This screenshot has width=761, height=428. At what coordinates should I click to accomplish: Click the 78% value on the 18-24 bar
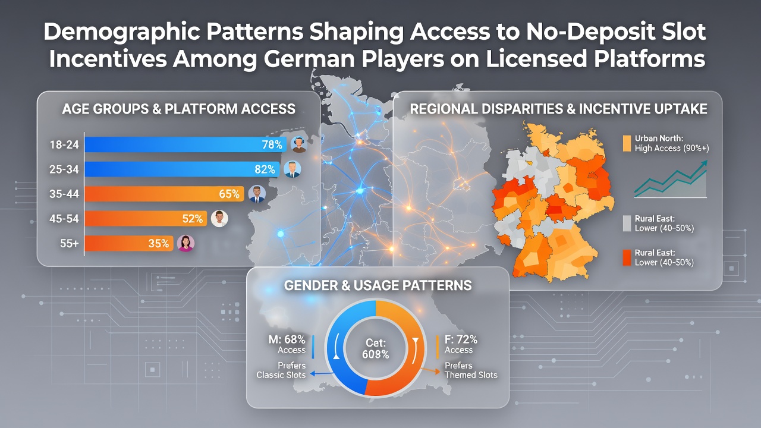point(272,144)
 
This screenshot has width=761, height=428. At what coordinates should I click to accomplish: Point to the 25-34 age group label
point(64,169)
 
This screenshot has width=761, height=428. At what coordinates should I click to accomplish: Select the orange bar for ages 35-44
point(165,194)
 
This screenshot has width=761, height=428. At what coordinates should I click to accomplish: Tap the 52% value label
point(192,218)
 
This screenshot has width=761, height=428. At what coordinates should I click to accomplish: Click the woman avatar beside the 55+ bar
point(186,243)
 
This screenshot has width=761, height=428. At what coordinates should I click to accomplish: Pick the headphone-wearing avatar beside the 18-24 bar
point(299,144)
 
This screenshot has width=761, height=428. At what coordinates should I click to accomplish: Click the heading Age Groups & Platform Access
point(179,109)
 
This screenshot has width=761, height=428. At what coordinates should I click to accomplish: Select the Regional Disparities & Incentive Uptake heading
point(558,109)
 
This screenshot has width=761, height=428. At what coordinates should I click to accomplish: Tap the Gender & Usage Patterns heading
point(378,285)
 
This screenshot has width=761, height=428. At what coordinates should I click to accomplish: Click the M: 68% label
point(287,339)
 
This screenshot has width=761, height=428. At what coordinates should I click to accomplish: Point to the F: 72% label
point(461,339)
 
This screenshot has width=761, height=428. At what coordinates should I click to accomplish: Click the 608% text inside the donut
point(375,354)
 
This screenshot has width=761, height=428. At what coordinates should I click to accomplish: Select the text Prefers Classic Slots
point(281,370)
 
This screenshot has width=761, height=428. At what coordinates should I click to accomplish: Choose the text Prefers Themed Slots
point(471,370)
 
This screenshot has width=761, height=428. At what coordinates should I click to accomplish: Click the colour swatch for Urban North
point(627,143)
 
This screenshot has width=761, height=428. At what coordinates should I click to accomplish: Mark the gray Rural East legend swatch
point(627,224)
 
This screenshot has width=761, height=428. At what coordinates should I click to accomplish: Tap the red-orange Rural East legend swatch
point(627,257)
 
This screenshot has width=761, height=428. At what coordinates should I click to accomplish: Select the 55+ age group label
point(70,243)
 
